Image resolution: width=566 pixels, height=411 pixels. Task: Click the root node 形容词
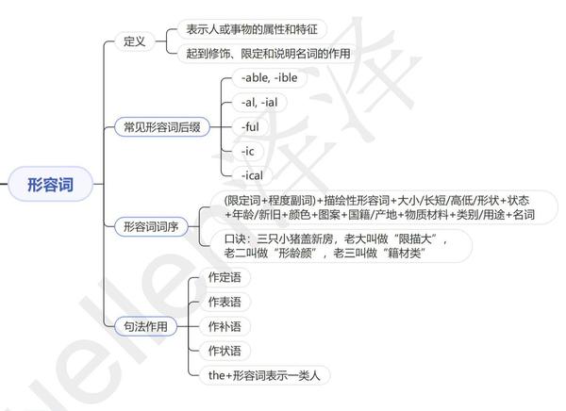49,185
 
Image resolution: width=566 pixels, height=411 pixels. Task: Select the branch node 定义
134,41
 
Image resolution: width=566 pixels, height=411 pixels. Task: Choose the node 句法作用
145,326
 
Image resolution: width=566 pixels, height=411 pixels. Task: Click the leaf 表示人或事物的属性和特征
251,29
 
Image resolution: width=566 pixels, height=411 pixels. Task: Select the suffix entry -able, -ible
275,77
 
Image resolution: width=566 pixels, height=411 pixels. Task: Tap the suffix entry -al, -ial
264,102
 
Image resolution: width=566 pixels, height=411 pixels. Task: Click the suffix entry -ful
251,126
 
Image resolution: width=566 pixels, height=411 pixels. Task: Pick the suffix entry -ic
247,151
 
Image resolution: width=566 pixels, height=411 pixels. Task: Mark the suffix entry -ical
253,174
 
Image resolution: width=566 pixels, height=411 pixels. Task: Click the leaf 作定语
224,277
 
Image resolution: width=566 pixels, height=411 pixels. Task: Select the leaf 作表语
224,302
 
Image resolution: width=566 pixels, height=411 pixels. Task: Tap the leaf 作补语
224,326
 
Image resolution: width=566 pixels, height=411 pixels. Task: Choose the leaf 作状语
224,351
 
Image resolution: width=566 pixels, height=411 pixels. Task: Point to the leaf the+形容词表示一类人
264,375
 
